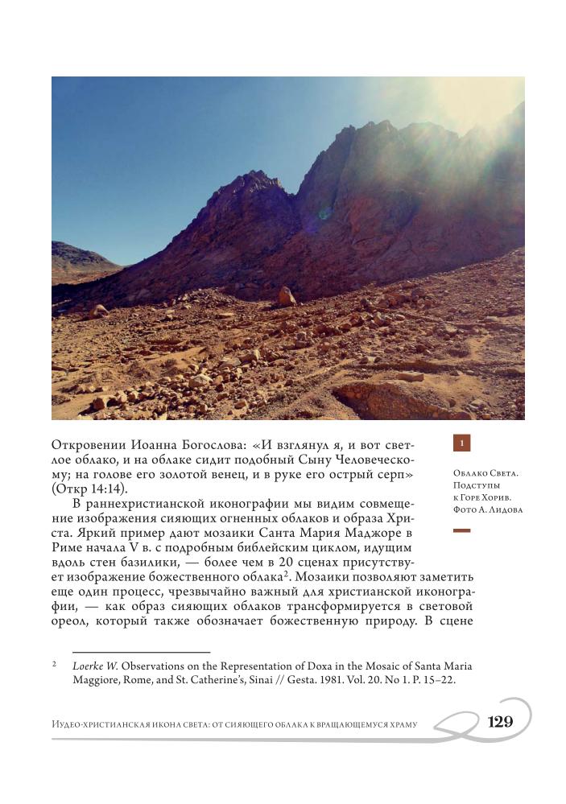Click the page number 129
point(500,722)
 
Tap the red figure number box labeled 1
point(462,443)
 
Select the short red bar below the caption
point(461,531)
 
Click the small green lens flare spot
point(325,214)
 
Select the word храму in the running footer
point(397,724)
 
